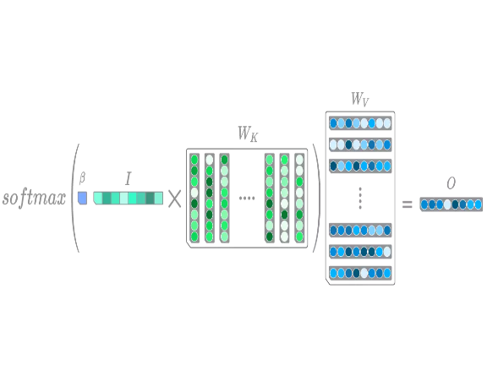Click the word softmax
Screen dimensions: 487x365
pos(34,198)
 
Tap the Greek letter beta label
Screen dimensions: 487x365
pos(82,178)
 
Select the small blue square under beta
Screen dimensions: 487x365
pos(82,198)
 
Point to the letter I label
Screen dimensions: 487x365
pos(128,179)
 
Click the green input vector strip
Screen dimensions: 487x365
pos(128,198)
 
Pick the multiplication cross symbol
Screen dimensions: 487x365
pos(174,199)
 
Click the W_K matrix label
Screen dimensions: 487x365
pos(248,134)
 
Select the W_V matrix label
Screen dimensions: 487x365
pos(360,100)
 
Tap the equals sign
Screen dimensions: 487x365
pos(408,204)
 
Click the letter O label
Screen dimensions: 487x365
pos(451,183)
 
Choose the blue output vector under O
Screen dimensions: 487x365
pos(451,204)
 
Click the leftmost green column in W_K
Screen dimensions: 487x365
pos(194,198)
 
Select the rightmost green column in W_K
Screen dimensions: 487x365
pos(299,198)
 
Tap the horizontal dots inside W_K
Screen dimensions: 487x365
pos(247,198)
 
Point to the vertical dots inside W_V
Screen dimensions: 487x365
pos(360,198)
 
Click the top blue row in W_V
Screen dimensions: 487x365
pos(360,123)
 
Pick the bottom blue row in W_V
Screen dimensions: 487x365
pos(360,273)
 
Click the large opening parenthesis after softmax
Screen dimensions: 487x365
pos(75,198)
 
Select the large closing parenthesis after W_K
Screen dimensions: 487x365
pos(316,198)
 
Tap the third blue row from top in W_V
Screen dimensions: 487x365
pos(360,166)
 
